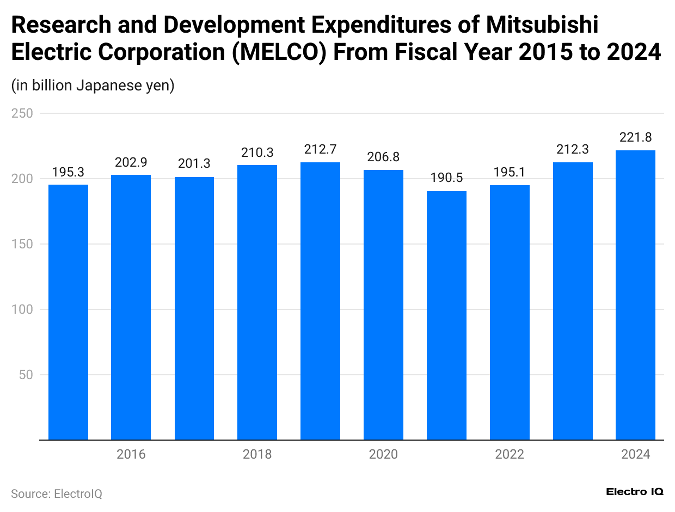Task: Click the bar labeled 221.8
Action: [635, 295]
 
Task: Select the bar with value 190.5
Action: [446, 315]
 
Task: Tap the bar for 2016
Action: [131, 307]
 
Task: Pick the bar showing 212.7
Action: [320, 301]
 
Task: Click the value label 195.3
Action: [68, 173]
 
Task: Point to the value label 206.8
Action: [383, 157]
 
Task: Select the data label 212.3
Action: [573, 150]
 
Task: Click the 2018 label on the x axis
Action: [257, 454]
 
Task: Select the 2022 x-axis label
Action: [510, 454]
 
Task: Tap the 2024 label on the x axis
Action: [635, 454]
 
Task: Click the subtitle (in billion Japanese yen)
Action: [93, 86]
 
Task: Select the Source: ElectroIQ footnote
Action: [57, 494]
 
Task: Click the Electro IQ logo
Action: [634, 491]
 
